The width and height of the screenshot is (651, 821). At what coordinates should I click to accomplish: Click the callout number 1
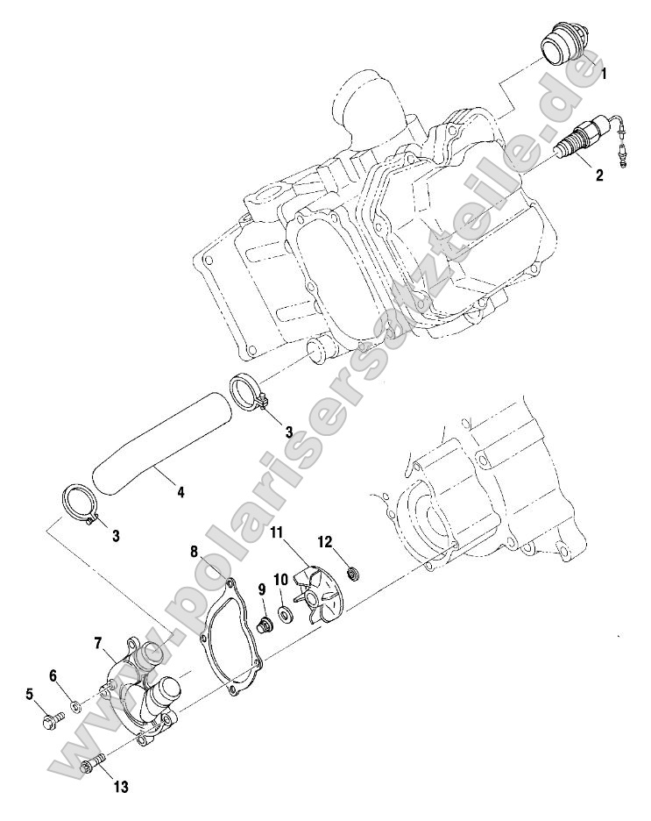click(x=603, y=76)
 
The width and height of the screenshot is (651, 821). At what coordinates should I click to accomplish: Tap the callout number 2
click(x=598, y=175)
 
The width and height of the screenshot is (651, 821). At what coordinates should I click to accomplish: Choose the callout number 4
click(x=180, y=492)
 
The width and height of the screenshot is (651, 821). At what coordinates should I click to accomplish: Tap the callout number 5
click(x=29, y=695)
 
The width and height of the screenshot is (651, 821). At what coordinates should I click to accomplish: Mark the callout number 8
click(x=195, y=552)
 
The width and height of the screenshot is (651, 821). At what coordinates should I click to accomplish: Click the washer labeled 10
click(x=287, y=610)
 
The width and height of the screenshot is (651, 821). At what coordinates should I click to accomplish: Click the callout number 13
click(x=120, y=788)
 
